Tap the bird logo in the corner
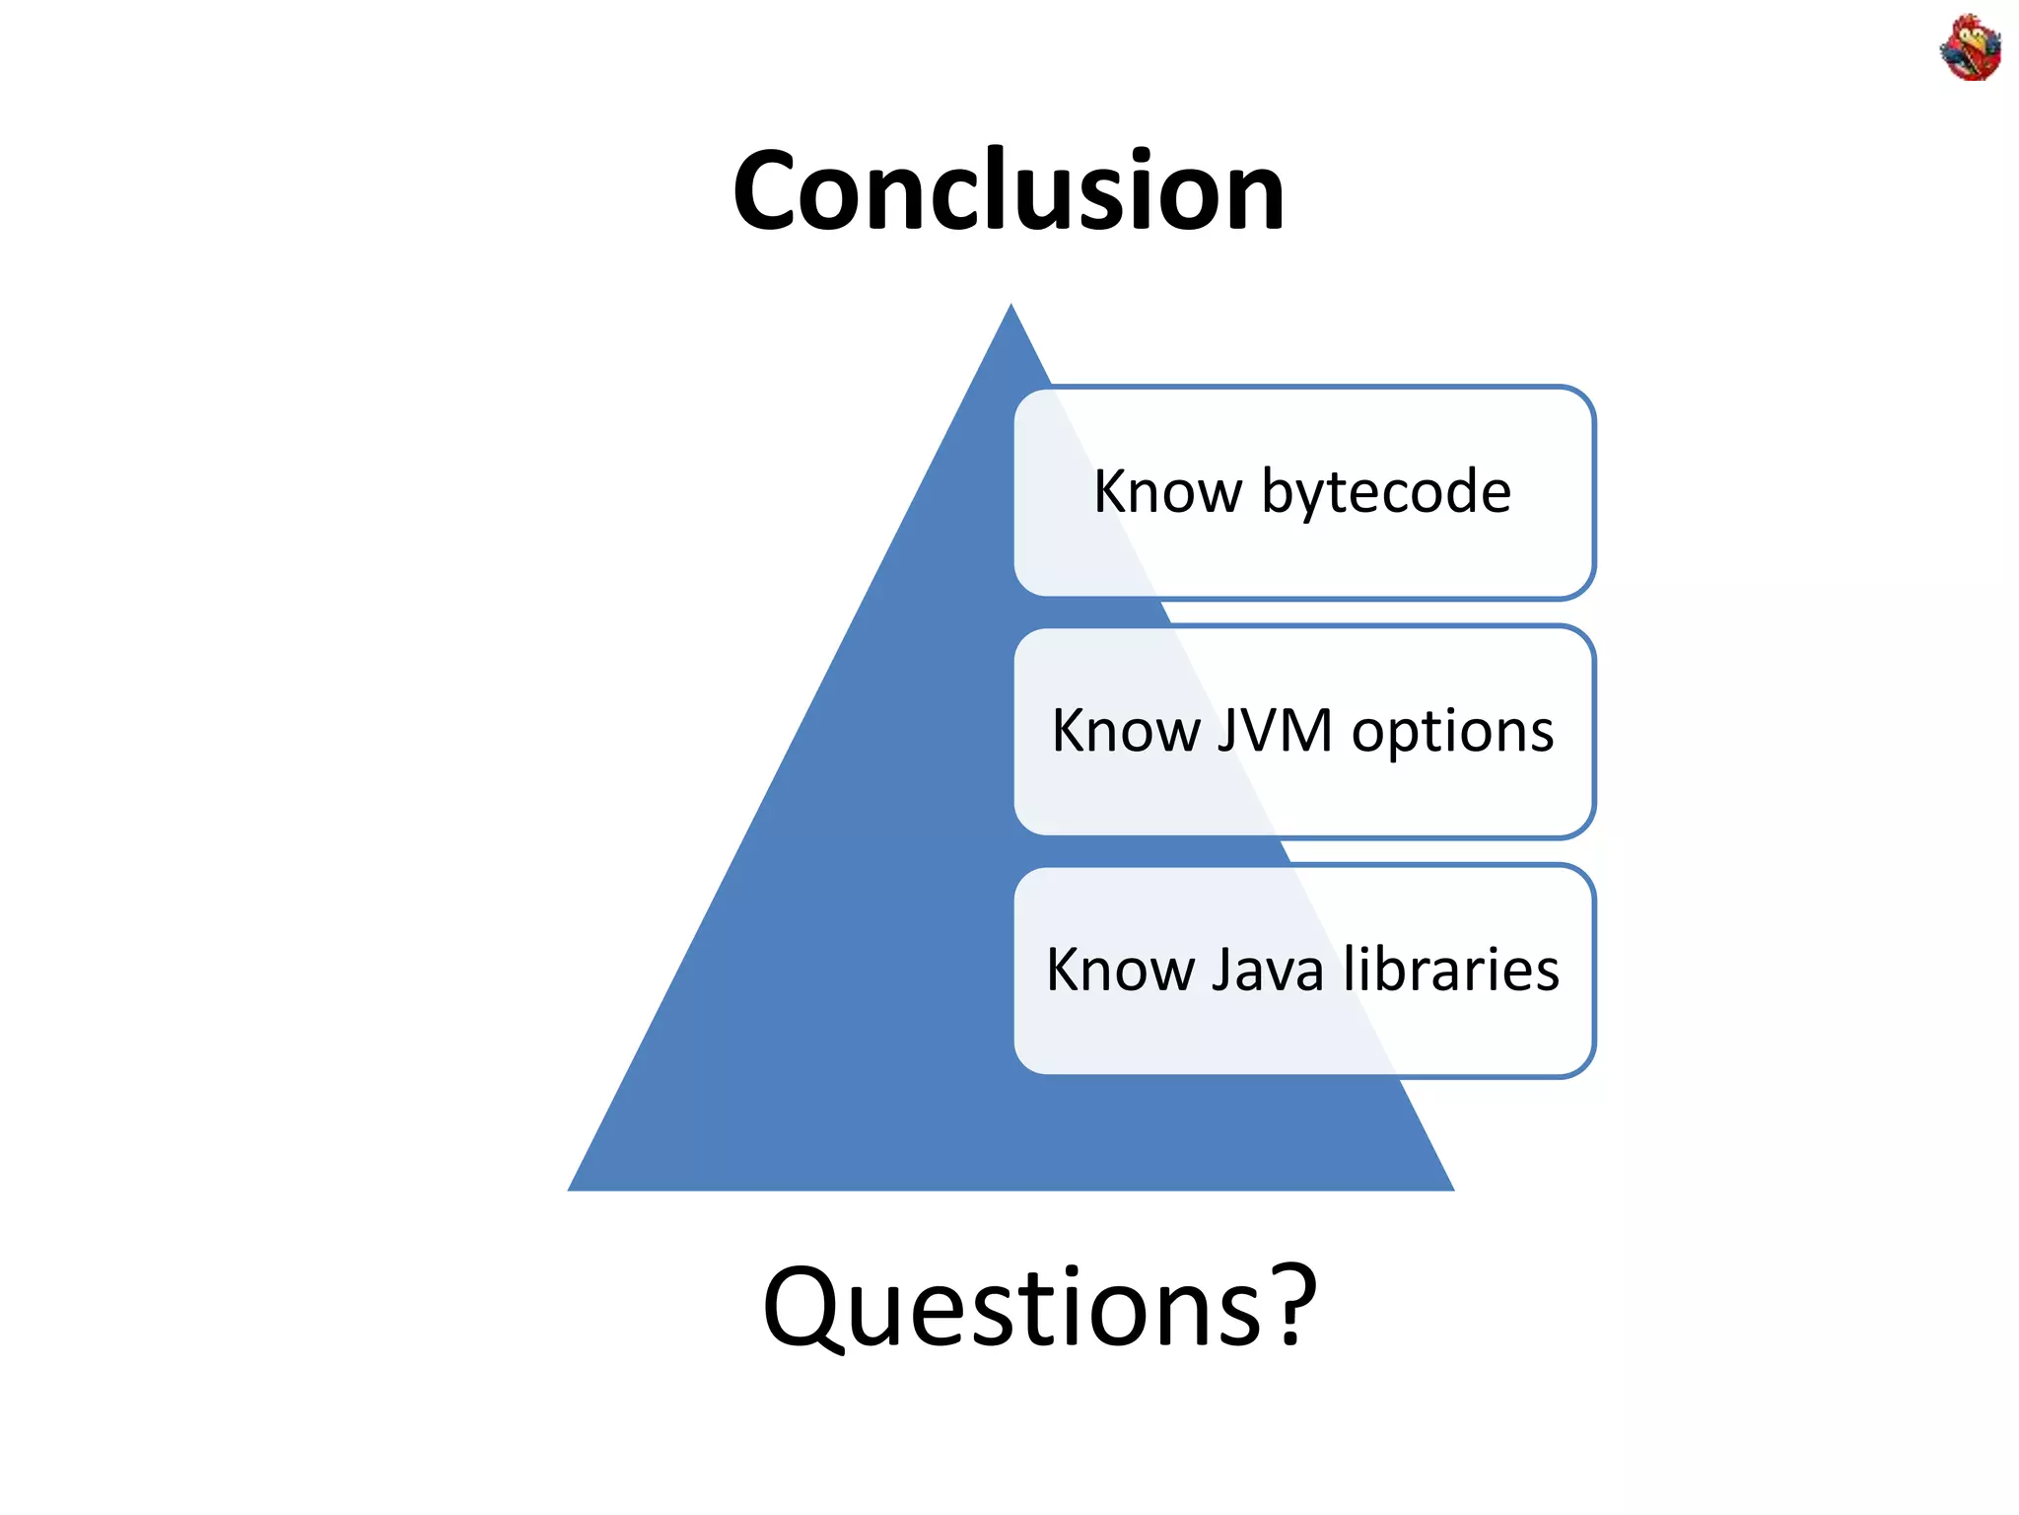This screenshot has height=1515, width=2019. (1970, 47)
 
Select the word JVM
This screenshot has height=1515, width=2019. (1274, 731)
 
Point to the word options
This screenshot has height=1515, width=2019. (1452, 733)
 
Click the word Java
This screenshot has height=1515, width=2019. (1267, 970)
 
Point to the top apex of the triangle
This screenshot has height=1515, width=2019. (1010, 308)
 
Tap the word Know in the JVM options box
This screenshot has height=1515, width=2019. (1125, 731)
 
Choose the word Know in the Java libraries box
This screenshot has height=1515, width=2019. (1120, 970)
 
